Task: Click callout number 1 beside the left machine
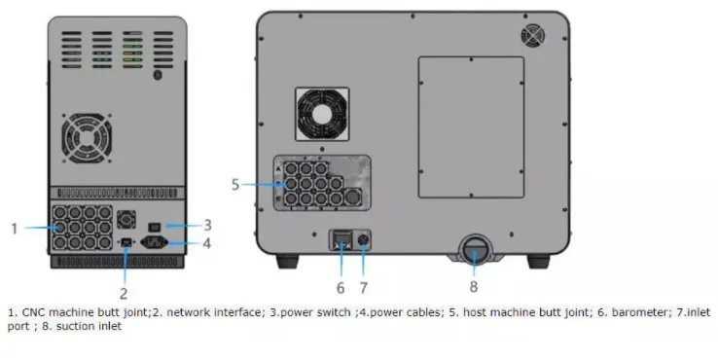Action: point(15,229)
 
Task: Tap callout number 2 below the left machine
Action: point(125,291)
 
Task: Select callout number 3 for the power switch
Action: point(206,224)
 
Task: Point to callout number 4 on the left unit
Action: point(206,243)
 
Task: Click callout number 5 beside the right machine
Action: point(234,183)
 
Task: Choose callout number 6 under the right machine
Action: point(341,288)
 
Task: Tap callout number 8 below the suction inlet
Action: point(474,288)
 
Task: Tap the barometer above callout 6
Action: point(341,238)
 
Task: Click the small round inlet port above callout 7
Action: point(365,239)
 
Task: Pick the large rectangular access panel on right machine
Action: point(471,126)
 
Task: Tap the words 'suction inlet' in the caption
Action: point(92,326)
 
